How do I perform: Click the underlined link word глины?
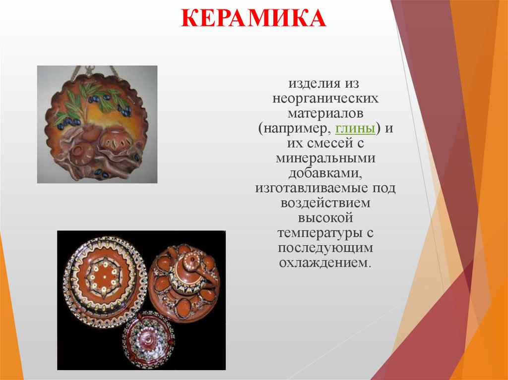tap(355, 129)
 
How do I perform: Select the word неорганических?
tap(325, 99)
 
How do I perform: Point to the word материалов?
tap(325, 113)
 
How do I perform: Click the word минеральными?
tap(325, 159)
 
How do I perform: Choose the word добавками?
tap(325, 173)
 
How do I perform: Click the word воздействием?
tap(325, 203)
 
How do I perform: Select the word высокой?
tap(325, 218)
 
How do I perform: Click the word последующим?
tap(325, 248)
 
